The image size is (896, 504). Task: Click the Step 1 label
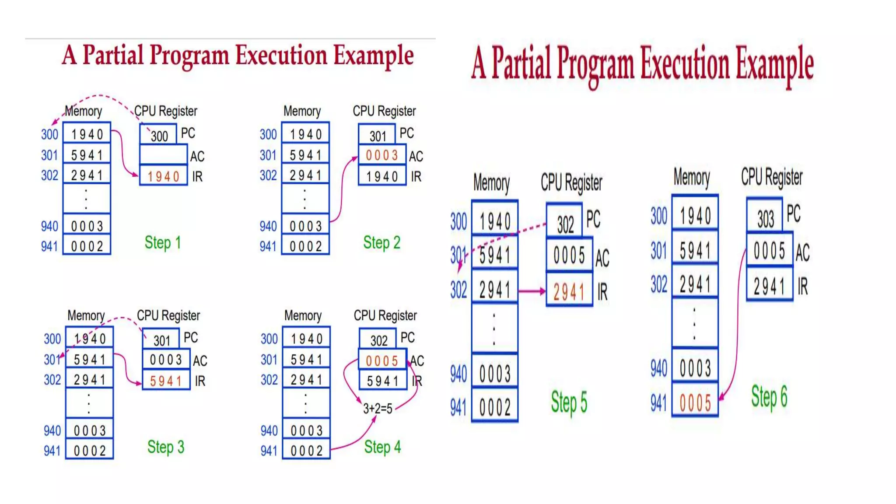coord(162,242)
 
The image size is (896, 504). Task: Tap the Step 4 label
coord(382,447)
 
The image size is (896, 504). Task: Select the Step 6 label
coord(769,397)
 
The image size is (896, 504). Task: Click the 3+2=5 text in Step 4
coord(378,409)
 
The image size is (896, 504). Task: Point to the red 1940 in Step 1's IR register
coord(163,176)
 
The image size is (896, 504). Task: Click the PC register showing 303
coord(765,218)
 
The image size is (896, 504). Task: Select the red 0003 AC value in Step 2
coord(381,155)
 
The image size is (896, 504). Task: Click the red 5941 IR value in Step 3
coord(166,381)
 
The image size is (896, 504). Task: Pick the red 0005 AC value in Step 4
coord(381,360)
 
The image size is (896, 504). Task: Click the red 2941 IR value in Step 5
coord(569,292)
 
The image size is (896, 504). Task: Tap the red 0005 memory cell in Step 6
coord(695,402)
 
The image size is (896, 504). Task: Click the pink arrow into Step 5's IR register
coord(532,291)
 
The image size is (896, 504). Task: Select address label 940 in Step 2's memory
coord(268,226)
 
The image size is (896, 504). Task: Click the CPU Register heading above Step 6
coord(771,177)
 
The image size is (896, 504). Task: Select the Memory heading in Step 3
coord(86,315)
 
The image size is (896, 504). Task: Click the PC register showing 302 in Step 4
coord(378,340)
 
